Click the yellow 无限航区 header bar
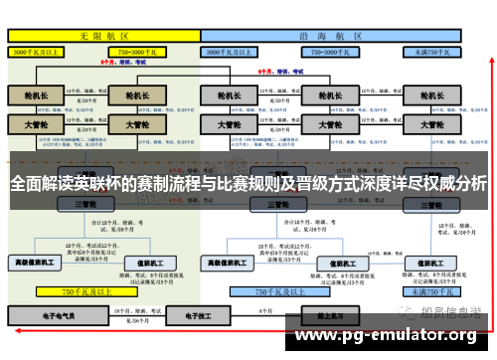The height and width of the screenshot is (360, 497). (103, 34)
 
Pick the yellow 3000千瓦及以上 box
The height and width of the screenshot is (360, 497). (39, 50)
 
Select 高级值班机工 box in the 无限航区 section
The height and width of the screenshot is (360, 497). (36, 263)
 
